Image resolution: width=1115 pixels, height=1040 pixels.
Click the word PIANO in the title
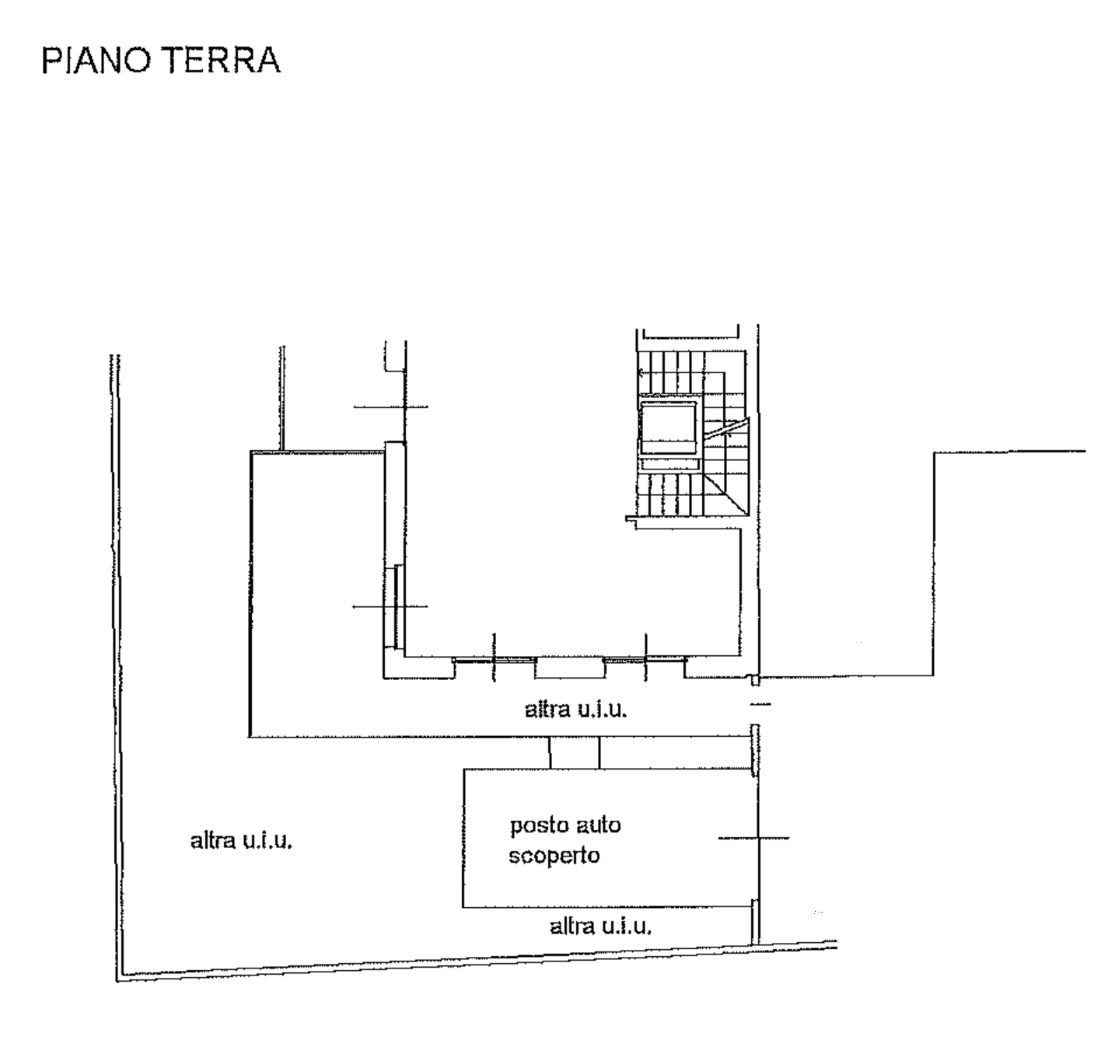point(96,60)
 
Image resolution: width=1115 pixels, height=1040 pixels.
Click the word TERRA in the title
point(223,60)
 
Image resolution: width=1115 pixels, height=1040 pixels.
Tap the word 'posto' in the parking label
point(538,826)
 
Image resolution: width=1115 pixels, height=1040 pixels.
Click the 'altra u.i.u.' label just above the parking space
point(575,710)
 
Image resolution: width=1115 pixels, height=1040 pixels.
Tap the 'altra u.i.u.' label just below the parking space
point(601,926)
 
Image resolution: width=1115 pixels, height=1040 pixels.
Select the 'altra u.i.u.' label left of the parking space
point(241,841)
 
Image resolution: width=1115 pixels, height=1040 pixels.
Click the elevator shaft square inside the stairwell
point(668,427)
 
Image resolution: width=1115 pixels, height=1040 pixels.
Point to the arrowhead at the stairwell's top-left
point(641,372)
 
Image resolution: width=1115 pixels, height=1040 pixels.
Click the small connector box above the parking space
point(575,752)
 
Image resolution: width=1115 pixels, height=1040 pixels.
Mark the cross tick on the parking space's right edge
point(754,839)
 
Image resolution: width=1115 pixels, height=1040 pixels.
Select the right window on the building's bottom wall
point(645,660)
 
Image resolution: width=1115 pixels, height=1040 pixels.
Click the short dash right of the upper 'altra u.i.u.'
point(760,703)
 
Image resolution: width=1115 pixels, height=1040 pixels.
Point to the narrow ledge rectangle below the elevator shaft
point(669,464)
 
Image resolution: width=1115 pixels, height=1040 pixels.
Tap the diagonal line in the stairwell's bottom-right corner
point(726,494)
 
